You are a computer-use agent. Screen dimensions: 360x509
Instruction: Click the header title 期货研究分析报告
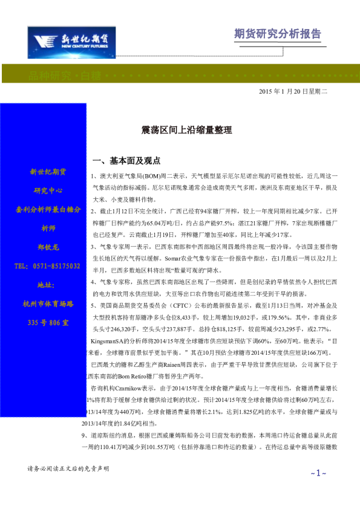pyautogui.click(x=278, y=34)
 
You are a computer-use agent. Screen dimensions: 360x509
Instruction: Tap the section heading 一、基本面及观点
pyautogui.click(x=126, y=161)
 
